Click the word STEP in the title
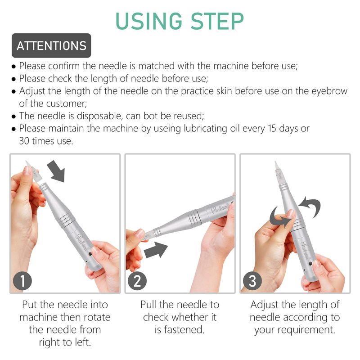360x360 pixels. tap(217, 21)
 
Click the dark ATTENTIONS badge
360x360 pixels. tap(51, 45)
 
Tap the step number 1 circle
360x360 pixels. tap(22, 281)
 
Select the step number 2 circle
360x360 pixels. tap(137, 281)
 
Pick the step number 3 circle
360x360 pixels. tap(252, 281)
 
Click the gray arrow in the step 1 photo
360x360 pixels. tap(57, 171)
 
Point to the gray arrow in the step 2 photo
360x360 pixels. tap(156, 250)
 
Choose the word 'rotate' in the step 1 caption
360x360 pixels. tap(97, 318)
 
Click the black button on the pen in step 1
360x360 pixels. tap(90, 254)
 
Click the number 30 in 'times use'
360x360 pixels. tap(24, 141)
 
